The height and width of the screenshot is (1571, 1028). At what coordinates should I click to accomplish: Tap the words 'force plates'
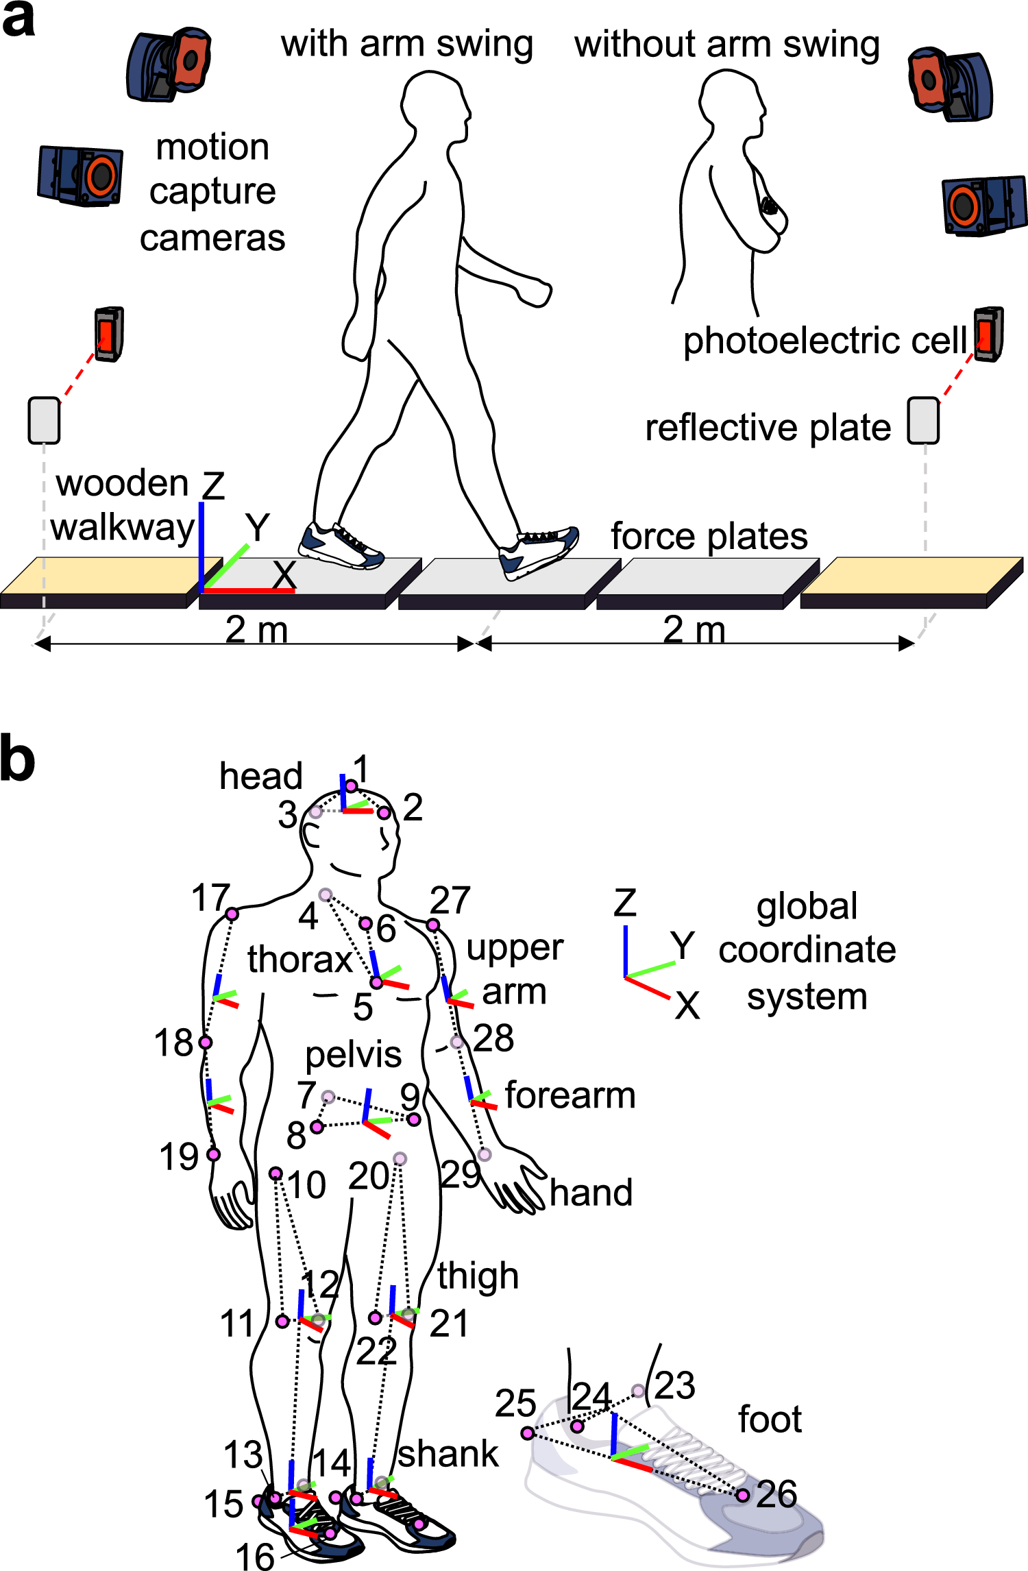tap(709, 536)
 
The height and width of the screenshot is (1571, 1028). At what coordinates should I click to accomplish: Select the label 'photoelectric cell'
tap(824, 341)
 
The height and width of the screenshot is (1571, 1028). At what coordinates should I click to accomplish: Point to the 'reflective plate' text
tap(768, 428)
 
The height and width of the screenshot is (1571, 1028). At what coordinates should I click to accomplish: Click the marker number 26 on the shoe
tap(776, 1494)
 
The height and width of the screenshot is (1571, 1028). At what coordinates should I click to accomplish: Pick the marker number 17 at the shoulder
tap(210, 897)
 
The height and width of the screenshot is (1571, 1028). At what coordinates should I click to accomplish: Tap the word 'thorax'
tap(299, 959)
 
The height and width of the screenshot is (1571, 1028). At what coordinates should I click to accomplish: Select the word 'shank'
tap(448, 1453)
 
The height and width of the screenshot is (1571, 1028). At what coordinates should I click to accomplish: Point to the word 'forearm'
tap(570, 1095)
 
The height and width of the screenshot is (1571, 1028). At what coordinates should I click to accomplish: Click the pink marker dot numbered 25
tap(528, 1433)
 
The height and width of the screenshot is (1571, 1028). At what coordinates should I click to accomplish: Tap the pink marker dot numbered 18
tap(205, 1043)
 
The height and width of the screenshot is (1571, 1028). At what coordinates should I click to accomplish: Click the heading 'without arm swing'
tap(726, 45)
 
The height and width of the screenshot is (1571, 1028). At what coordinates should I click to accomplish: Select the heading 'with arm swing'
tap(406, 45)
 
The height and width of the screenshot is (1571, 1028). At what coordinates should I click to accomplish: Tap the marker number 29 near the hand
tap(461, 1174)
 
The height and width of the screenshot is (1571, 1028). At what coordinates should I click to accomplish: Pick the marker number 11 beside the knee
tap(237, 1323)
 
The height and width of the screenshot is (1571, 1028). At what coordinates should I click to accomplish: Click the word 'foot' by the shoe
tap(769, 1419)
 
